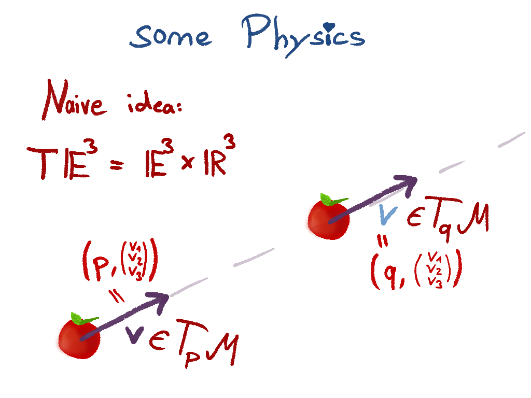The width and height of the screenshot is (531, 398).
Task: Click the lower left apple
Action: pyautogui.click(x=77, y=338)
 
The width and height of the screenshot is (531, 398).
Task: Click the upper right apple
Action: pyautogui.click(x=327, y=220)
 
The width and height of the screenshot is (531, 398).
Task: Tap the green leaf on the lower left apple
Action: pyautogui.click(x=83, y=319)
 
